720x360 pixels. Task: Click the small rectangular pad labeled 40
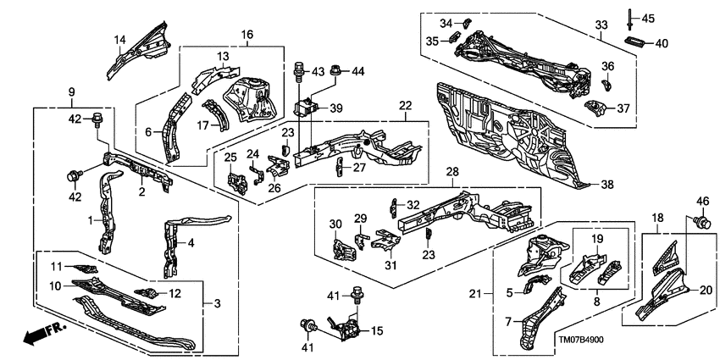click(x=635, y=42)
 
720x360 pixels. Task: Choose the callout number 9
click(x=71, y=92)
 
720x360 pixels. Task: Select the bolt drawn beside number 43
click(x=298, y=70)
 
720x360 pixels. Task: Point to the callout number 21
click(x=476, y=294)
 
